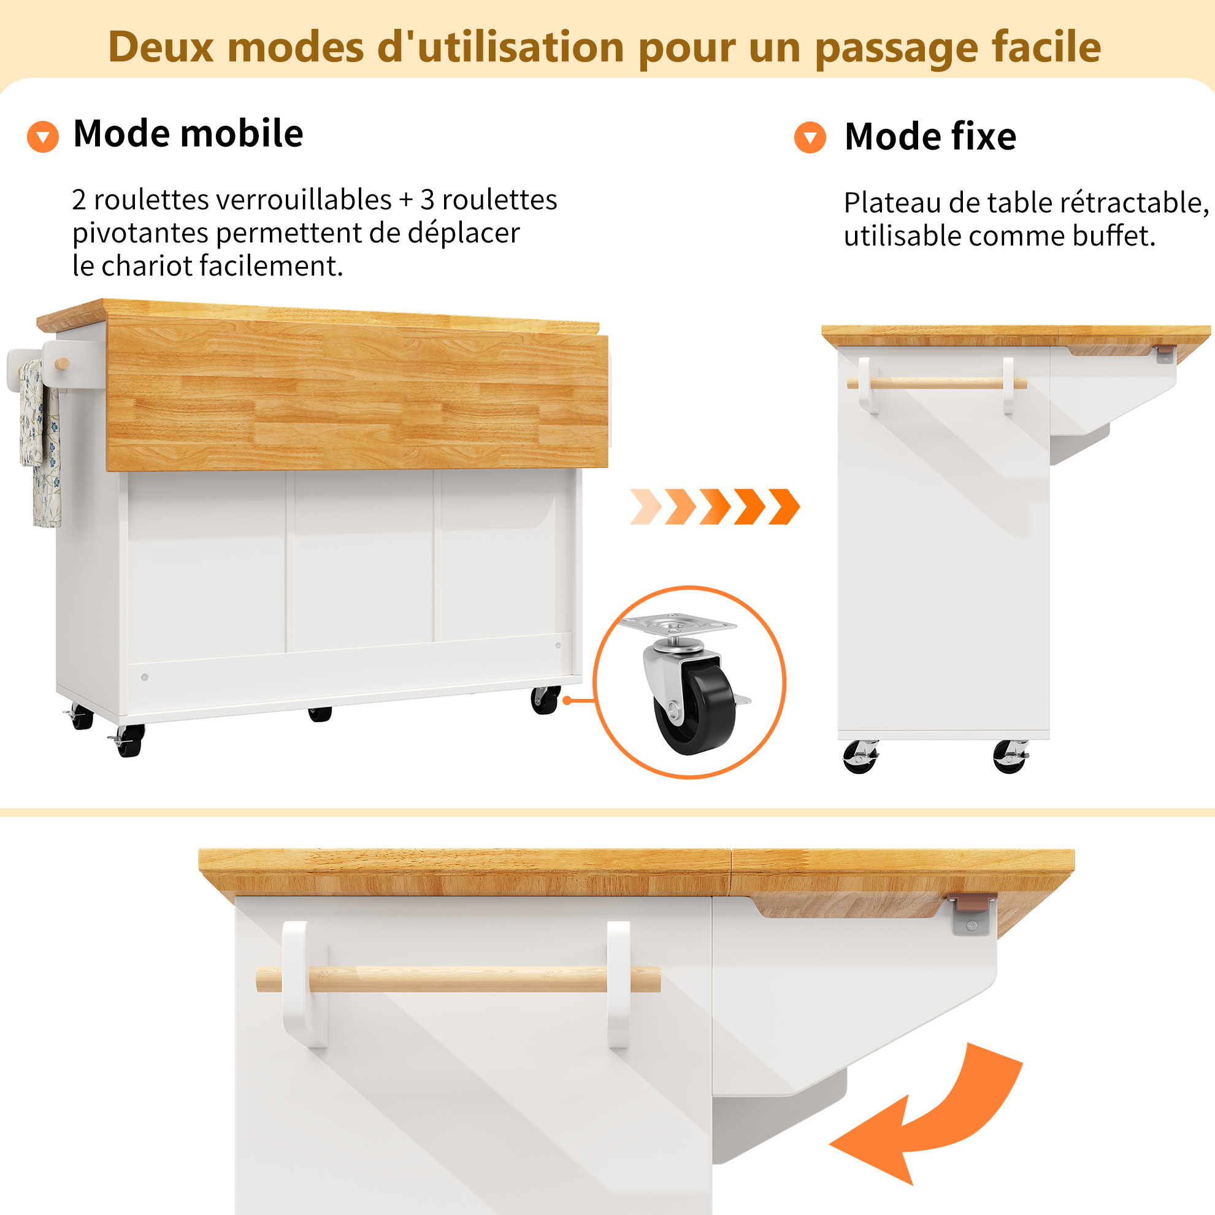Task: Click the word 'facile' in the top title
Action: pyautogui.click(x=1046, y=47)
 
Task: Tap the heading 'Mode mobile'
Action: pyautogui.click(x=188, y=133)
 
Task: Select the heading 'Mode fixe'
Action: pyautogui.click(x=930, y=137)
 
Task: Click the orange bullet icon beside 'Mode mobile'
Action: pyautogui.click(x=43, y=137)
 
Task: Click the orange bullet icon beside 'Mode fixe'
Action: pyautogui.click(x=810, y=137)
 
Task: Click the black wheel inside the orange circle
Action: pyautogui.click(x=695, y=709)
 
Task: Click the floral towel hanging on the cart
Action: pyautogui.click(x=40, y=442)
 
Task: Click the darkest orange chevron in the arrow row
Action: pyautogui.click(x=784, y=506)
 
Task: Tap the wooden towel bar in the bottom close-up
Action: pyautogui.click(x=458, y=980)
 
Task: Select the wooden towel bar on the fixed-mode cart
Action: pyautogui.click(x=937, y=383)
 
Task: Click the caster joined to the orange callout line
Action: pyautogui.click(x=545, y=699)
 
